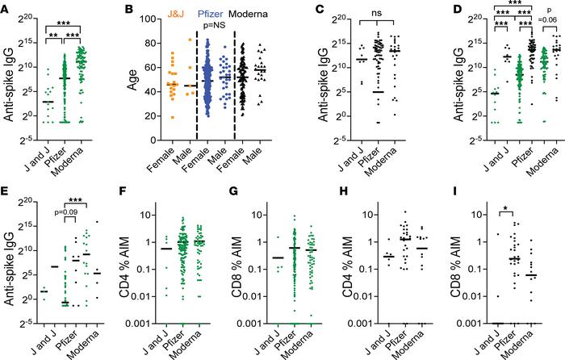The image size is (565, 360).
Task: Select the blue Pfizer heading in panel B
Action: pos(199,11)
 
